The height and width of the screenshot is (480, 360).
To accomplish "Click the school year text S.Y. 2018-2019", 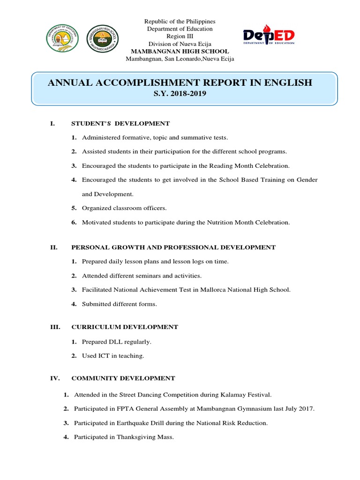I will pos(180,94).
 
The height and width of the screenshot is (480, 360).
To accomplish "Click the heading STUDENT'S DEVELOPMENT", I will pos(120,124).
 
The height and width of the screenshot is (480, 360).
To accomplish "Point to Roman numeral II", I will pos(53,247).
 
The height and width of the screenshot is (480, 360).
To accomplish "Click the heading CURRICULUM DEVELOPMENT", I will pos(124,327).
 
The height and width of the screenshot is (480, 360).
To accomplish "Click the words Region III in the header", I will pos(180,36).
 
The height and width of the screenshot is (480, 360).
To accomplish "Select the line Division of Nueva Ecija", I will pos(180,44).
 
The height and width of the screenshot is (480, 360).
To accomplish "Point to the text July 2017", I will pos(300,409).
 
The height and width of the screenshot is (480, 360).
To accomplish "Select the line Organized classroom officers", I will pos(124,208).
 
